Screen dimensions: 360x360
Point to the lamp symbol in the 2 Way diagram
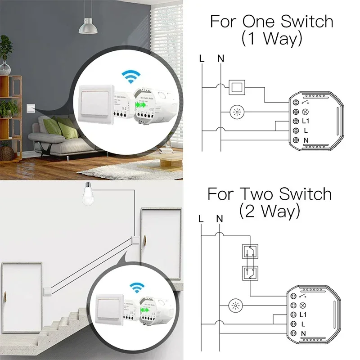(x=235, y=307)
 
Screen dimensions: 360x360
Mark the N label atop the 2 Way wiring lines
(x=220, y=219)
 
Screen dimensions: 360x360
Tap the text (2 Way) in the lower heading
(x=270, y=211)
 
